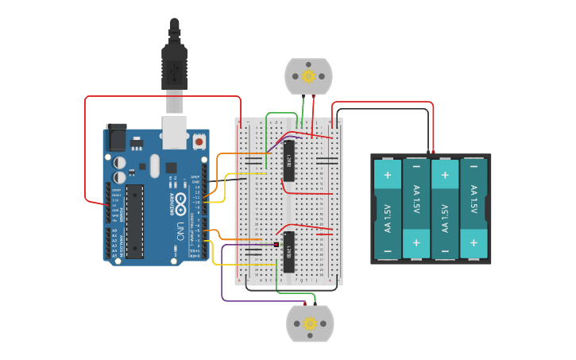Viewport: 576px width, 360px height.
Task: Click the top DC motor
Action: point(308,76)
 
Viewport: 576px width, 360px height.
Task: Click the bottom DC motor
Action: point(310,323)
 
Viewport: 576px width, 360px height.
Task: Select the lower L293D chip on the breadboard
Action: point(289,252)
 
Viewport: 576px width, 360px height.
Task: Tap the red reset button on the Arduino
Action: point(199,141)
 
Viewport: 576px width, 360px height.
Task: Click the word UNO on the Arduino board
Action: point(180,231)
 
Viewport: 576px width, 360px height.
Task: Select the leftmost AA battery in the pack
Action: point(388,208)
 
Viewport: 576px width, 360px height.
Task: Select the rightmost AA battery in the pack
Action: point(474,208)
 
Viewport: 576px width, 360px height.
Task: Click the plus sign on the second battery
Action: point(416,242)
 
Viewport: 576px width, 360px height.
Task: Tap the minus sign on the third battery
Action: point(445,250)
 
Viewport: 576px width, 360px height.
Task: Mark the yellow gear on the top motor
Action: point(308,76)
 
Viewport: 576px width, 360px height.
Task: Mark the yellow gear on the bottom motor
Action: point(310,323)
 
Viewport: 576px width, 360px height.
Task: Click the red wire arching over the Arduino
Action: point(159,97)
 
